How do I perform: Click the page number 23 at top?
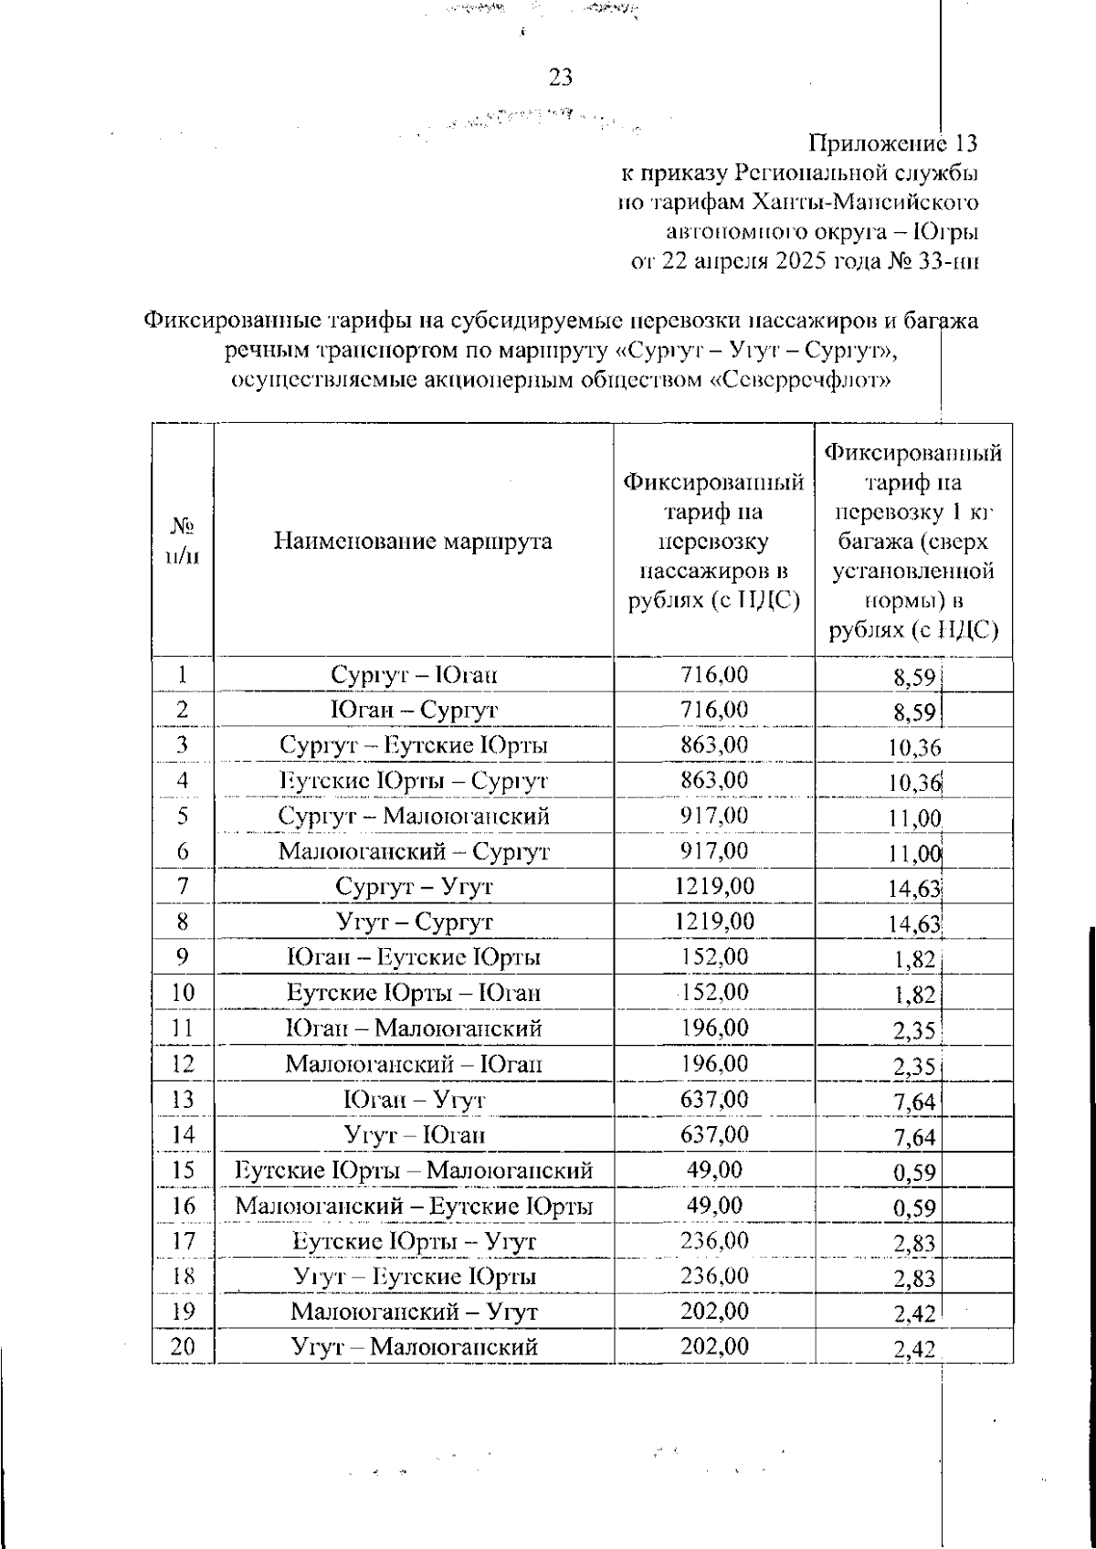coord(560,78)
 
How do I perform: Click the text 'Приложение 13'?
coord(892,143)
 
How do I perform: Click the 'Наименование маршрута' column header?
coord(413,541)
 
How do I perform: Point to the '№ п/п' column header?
coord(183,541)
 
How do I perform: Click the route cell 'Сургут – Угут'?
coord(414,887)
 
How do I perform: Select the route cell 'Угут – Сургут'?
coord(414,922)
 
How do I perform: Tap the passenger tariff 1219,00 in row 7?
coord(714,886)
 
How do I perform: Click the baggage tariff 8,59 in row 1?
coord(914,677)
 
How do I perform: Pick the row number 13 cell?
coord(183,1100)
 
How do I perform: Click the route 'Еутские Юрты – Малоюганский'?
coord(414,1171)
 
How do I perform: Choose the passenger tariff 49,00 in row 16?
coord(714,1206)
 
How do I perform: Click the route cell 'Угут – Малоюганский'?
coord(414,1347)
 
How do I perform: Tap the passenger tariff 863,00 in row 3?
coord(714,744)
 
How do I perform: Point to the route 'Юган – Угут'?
coord(414,1100)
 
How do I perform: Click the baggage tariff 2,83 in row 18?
coord(914,1279)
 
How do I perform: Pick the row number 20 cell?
coord(183,1347)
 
